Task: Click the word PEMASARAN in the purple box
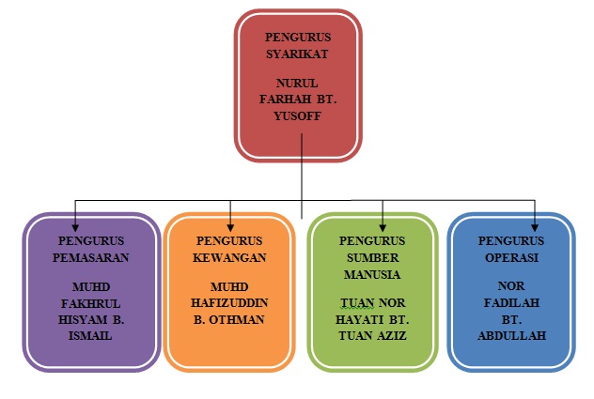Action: click(91, 255)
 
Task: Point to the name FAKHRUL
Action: click(91, 302)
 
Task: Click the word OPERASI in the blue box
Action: click(510, 255)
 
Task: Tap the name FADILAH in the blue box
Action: click(510, 302)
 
